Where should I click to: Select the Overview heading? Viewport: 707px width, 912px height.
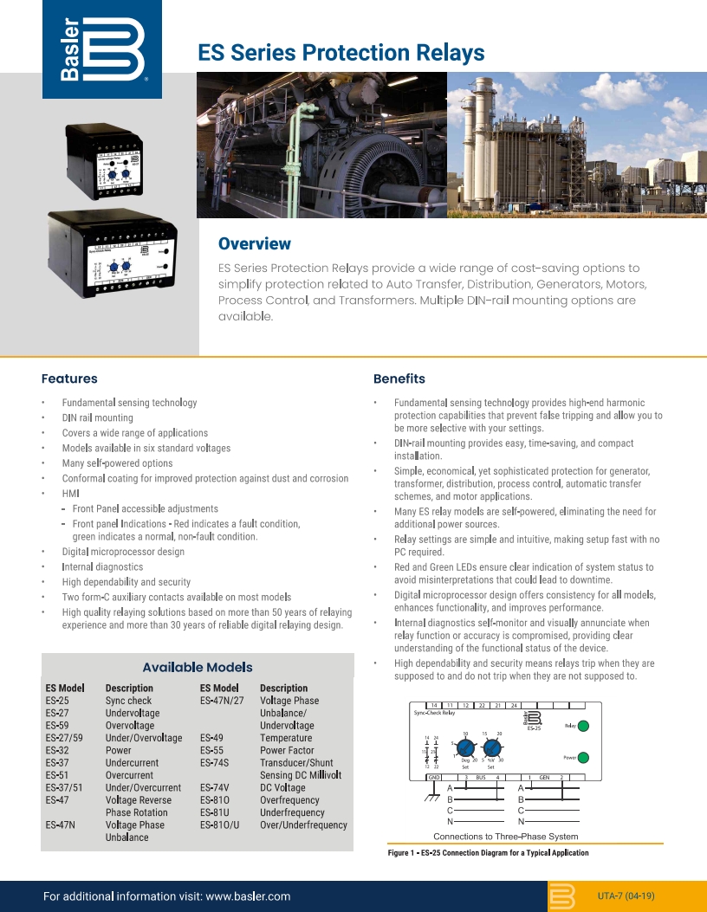(254, 244)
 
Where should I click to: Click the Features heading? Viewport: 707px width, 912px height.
(69, 378)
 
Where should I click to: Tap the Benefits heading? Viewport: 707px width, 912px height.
(399, 378)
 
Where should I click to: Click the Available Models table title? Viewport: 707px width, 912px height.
(198, 667)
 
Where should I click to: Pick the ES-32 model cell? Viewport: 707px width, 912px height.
(57, 750)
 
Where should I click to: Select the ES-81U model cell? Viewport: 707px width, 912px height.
(214, 812)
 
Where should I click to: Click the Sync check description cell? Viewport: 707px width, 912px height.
(128, 700)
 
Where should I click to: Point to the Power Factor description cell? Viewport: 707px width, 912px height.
(287, 750)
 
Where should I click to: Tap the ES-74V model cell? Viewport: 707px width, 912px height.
(214, 787)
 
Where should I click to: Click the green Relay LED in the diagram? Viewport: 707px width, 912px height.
(585, 726)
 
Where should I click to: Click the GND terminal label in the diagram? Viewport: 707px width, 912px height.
(434, 777)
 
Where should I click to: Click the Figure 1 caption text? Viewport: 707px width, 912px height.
(488, 853)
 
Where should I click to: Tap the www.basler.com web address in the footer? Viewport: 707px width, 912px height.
(248, 896)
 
